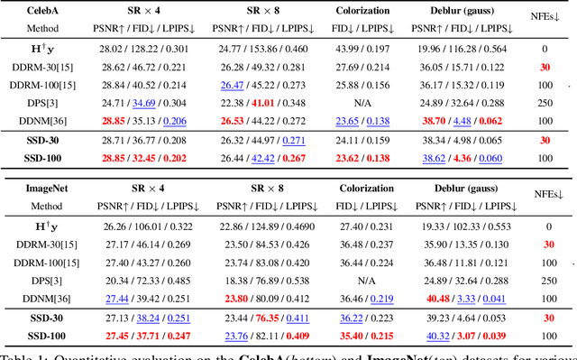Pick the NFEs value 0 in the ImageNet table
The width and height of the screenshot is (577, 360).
[545, 225]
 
